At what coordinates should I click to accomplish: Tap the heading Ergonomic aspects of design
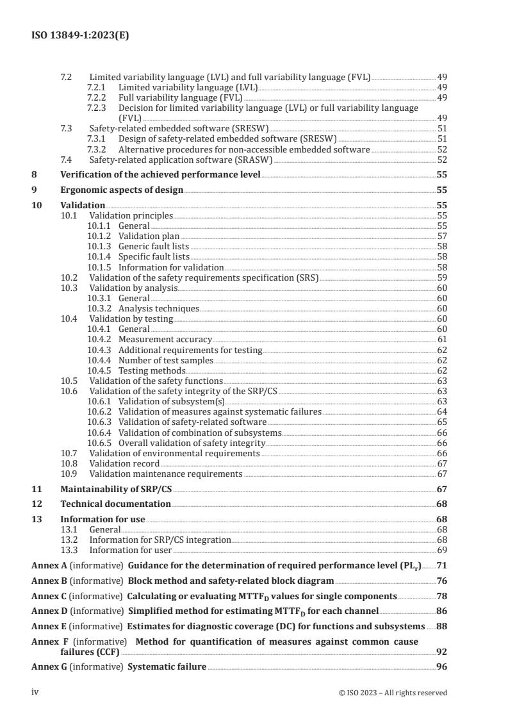122,190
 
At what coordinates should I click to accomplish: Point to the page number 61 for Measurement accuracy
442,339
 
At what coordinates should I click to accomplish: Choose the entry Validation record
124,463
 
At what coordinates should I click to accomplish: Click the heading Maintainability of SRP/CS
117,488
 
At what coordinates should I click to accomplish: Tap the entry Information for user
131,550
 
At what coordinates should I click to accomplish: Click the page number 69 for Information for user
442,550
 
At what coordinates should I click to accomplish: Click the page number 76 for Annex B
442,581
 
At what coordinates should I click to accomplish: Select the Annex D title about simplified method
253,611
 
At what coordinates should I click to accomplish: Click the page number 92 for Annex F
442,652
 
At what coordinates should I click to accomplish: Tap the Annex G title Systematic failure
167,667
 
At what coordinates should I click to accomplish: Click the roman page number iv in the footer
36,692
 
